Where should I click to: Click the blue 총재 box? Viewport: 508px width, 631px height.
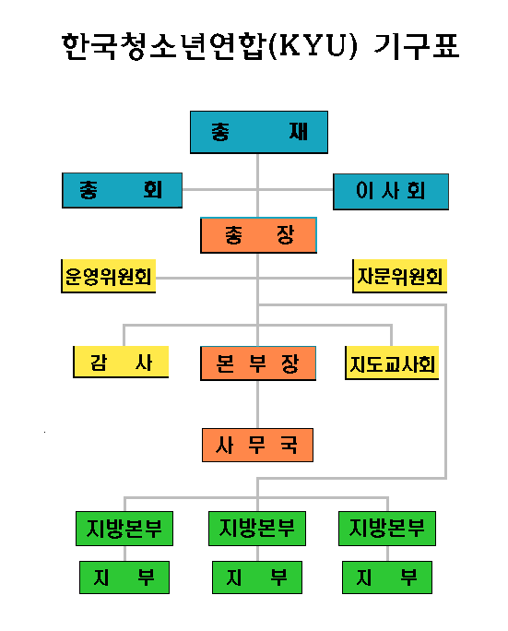(259, 132)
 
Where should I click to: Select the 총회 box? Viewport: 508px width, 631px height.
(122, 190)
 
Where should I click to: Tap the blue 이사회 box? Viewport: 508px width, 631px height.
(391, 192)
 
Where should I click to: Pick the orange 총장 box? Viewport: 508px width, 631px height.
(258, 235)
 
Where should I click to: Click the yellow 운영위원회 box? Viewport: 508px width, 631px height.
(108, 276)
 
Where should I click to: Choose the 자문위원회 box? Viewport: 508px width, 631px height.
(399, 276)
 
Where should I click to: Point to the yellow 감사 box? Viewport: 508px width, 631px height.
(121, 362)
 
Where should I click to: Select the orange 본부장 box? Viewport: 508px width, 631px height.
(258, 363)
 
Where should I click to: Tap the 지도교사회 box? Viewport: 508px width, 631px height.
(392, 363)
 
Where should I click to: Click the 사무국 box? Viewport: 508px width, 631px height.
(257, 445)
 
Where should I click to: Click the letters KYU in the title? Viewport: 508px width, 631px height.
(313, 45)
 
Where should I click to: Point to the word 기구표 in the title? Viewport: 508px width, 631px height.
(417, 45)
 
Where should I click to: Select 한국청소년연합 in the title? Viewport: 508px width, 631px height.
(164, 46)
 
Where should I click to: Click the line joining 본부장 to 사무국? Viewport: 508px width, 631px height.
(257, 404)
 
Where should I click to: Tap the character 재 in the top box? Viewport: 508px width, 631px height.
(298, 132)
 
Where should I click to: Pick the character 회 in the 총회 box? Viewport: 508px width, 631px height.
(152, 189)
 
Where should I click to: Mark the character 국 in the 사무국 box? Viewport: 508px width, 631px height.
(289, 445)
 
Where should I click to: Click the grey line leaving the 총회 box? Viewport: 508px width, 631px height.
(219, 189)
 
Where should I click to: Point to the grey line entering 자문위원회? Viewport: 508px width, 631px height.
(305, 278)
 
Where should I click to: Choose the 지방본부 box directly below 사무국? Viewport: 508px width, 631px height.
(257, 529)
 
